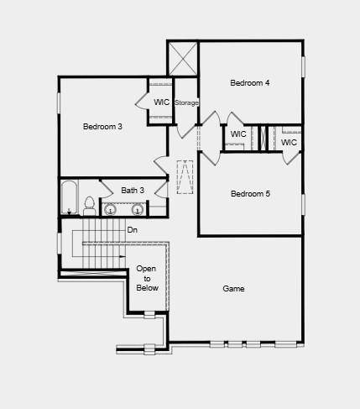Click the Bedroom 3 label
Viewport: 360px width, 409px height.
102,127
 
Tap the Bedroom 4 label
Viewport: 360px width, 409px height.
251,82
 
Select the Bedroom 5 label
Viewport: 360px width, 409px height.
250,194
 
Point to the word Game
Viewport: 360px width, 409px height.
233,289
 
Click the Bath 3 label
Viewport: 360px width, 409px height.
133,191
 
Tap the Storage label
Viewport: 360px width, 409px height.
187,102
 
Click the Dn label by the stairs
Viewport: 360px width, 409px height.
133,229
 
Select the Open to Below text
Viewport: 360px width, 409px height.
147,278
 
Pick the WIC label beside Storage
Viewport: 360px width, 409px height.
162,102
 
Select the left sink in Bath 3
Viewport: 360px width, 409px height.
110,209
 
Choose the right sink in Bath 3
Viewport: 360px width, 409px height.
137,209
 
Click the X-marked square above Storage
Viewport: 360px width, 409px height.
182,58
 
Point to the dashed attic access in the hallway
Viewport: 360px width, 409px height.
185,177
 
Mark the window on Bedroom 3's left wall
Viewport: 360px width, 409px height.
59,100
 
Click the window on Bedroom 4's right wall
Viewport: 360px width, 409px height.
303,67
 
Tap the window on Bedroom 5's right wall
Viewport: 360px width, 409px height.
303,203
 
